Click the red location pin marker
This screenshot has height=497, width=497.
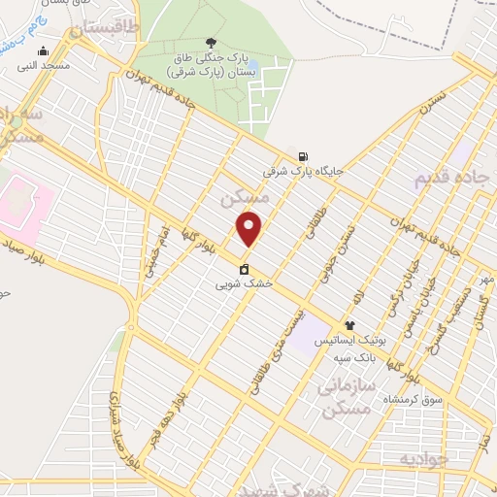[x=249, y=229]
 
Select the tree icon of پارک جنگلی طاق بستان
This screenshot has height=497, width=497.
[x=212, y=42]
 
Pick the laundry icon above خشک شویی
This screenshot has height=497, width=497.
[x=244, y=271]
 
